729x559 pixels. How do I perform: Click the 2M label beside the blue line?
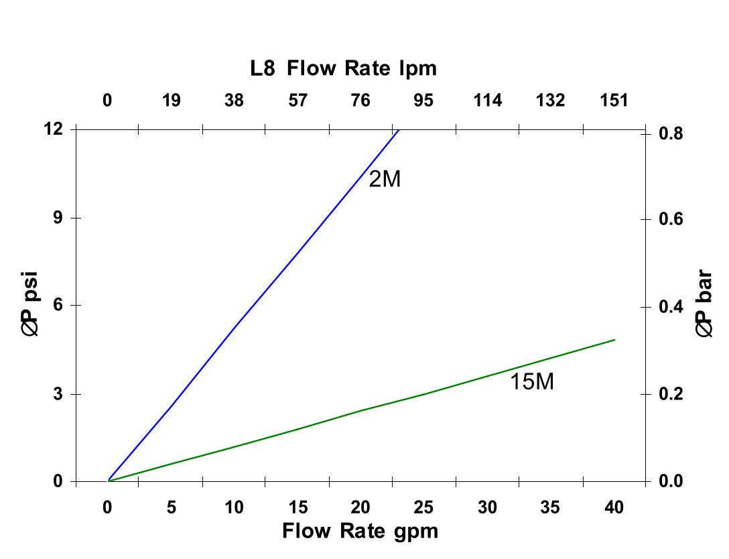[x=385, y=180]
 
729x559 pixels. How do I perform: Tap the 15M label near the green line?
[x=532, y=383]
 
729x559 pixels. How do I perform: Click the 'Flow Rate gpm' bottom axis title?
[x=360, y=532]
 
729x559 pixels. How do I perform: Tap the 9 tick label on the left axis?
[x=58, y=218]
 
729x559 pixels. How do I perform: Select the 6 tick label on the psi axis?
[x=58, y=305]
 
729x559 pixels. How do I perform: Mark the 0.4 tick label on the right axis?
[x=672, y=307]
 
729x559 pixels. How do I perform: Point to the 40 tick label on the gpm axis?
[x=614, y=507]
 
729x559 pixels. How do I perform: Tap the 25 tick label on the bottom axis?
[x=423, y=507]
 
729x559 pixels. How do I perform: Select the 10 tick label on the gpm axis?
[x=234, y=507]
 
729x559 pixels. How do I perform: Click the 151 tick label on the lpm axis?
[x=614, y=101]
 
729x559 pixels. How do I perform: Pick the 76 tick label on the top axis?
[x=360, y=101]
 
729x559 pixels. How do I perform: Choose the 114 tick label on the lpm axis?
[x=487, y=101]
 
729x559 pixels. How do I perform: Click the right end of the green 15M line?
[x=614, y=340]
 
